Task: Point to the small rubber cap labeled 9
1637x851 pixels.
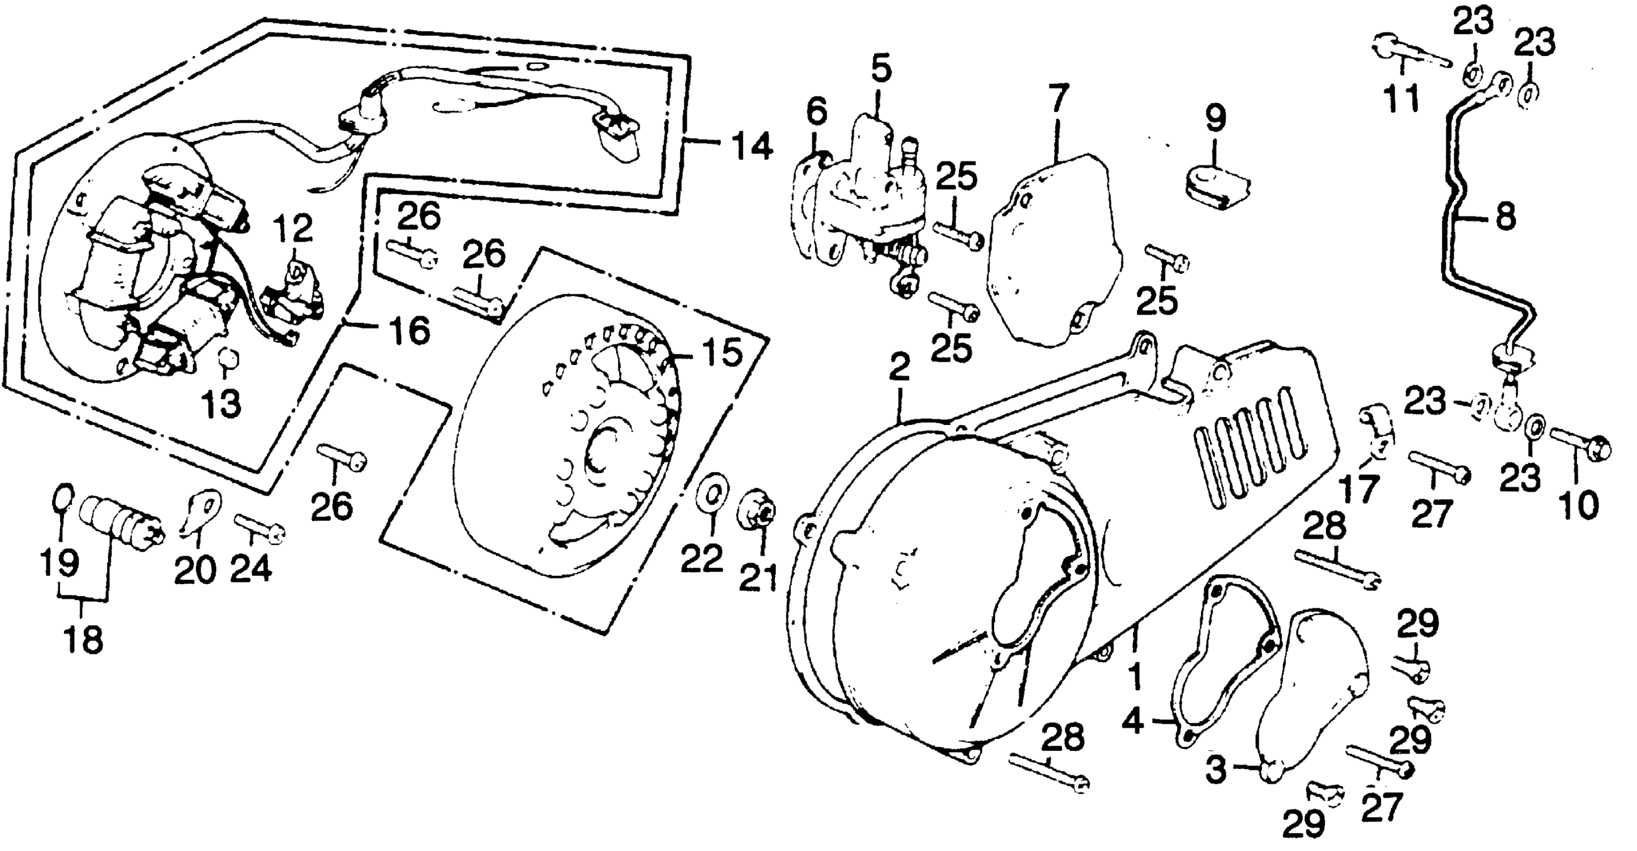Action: point(1217,186)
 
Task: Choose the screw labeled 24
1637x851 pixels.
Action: point(259,529)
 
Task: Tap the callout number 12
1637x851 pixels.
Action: point(293,229)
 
